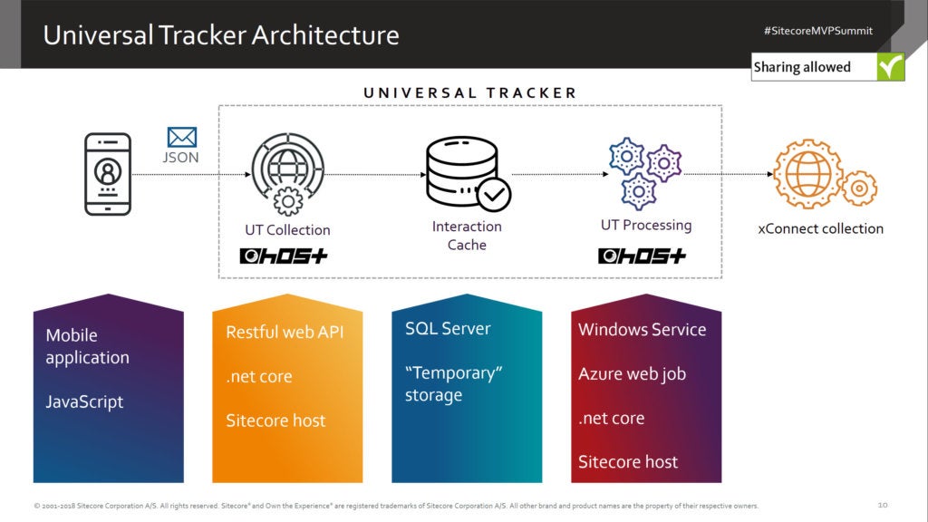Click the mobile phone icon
click(108, 174)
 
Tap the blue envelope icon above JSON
click(182, 138)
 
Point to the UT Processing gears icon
click(644, 173)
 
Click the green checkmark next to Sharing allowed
click(890, 67)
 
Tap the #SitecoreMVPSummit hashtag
click(817, 31)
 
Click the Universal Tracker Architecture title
click(221, 35)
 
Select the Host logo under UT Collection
click(284, 256)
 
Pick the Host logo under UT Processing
click(642, 256)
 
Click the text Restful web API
click(285, 332)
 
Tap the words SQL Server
click(448, 328)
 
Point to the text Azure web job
click(632, 373)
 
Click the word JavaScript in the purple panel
click(84, 401)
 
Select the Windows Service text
click(642, 329)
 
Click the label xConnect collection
click(820, 228)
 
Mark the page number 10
click(883, 505)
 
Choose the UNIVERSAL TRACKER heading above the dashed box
click(469, 92)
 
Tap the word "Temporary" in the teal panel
click(453, 373)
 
